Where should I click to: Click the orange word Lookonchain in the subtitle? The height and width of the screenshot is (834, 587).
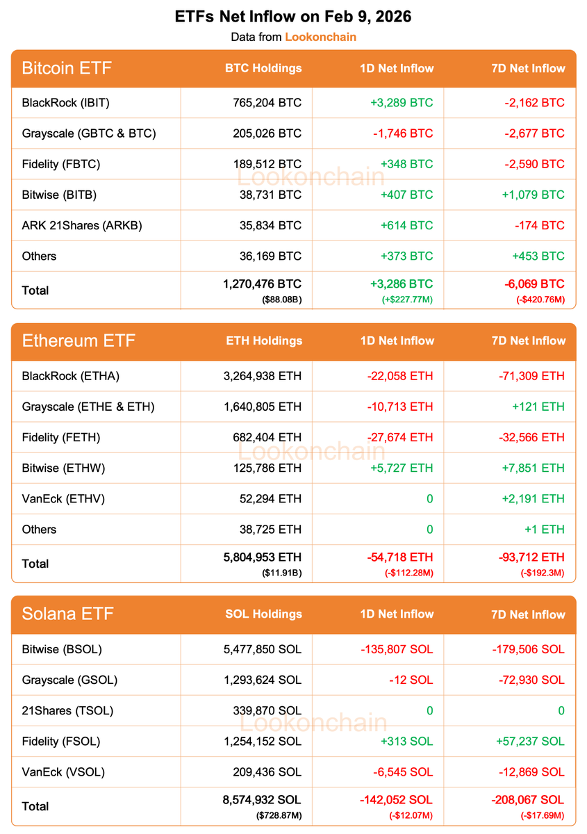[320, 36]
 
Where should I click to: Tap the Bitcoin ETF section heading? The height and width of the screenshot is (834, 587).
[67, 68]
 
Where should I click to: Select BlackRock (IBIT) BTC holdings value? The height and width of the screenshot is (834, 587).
[267, 103]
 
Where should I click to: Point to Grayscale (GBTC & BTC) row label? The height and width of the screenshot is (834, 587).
[89, 133]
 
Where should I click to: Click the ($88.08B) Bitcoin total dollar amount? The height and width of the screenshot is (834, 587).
[282, 300]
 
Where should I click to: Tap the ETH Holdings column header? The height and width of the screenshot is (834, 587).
[264, 341]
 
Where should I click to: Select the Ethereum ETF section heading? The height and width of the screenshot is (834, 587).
[78, 341]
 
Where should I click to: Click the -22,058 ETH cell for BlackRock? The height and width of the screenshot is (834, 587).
[399, 376]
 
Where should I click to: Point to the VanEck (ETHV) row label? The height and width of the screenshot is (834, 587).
[63, 498]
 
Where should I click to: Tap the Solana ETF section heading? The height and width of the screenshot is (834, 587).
[67, 614]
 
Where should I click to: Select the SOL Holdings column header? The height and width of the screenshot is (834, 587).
[264, 614]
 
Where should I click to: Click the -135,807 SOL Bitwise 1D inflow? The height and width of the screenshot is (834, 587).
[397, 649]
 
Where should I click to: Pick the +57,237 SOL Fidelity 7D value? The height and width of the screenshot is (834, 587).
[530, 741]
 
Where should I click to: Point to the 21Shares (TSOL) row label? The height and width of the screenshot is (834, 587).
[67, 710]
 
